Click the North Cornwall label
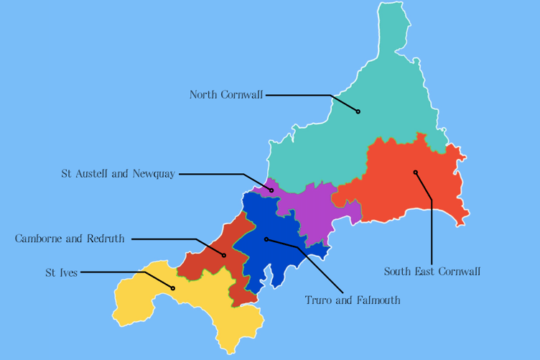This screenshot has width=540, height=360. tap(226, 95)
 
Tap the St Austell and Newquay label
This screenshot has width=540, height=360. tap(118, 174)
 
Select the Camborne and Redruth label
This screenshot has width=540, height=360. tap(70, 239)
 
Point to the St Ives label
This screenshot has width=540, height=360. tap(61, 272)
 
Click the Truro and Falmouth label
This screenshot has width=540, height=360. tap(353, 300)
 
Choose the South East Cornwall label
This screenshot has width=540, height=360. tap(432, 272)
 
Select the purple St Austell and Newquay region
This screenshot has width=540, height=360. tap(309, 208)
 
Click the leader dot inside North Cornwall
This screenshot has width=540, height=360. tap(358, 111)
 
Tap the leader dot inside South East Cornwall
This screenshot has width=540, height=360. tap(415, 172)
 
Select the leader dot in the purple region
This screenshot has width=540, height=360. tap(271, 190)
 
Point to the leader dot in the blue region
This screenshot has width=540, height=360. tap(266, 239)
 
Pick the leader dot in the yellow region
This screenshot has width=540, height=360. tap(173, 288)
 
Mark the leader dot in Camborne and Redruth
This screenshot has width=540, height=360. tap(224, 255)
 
